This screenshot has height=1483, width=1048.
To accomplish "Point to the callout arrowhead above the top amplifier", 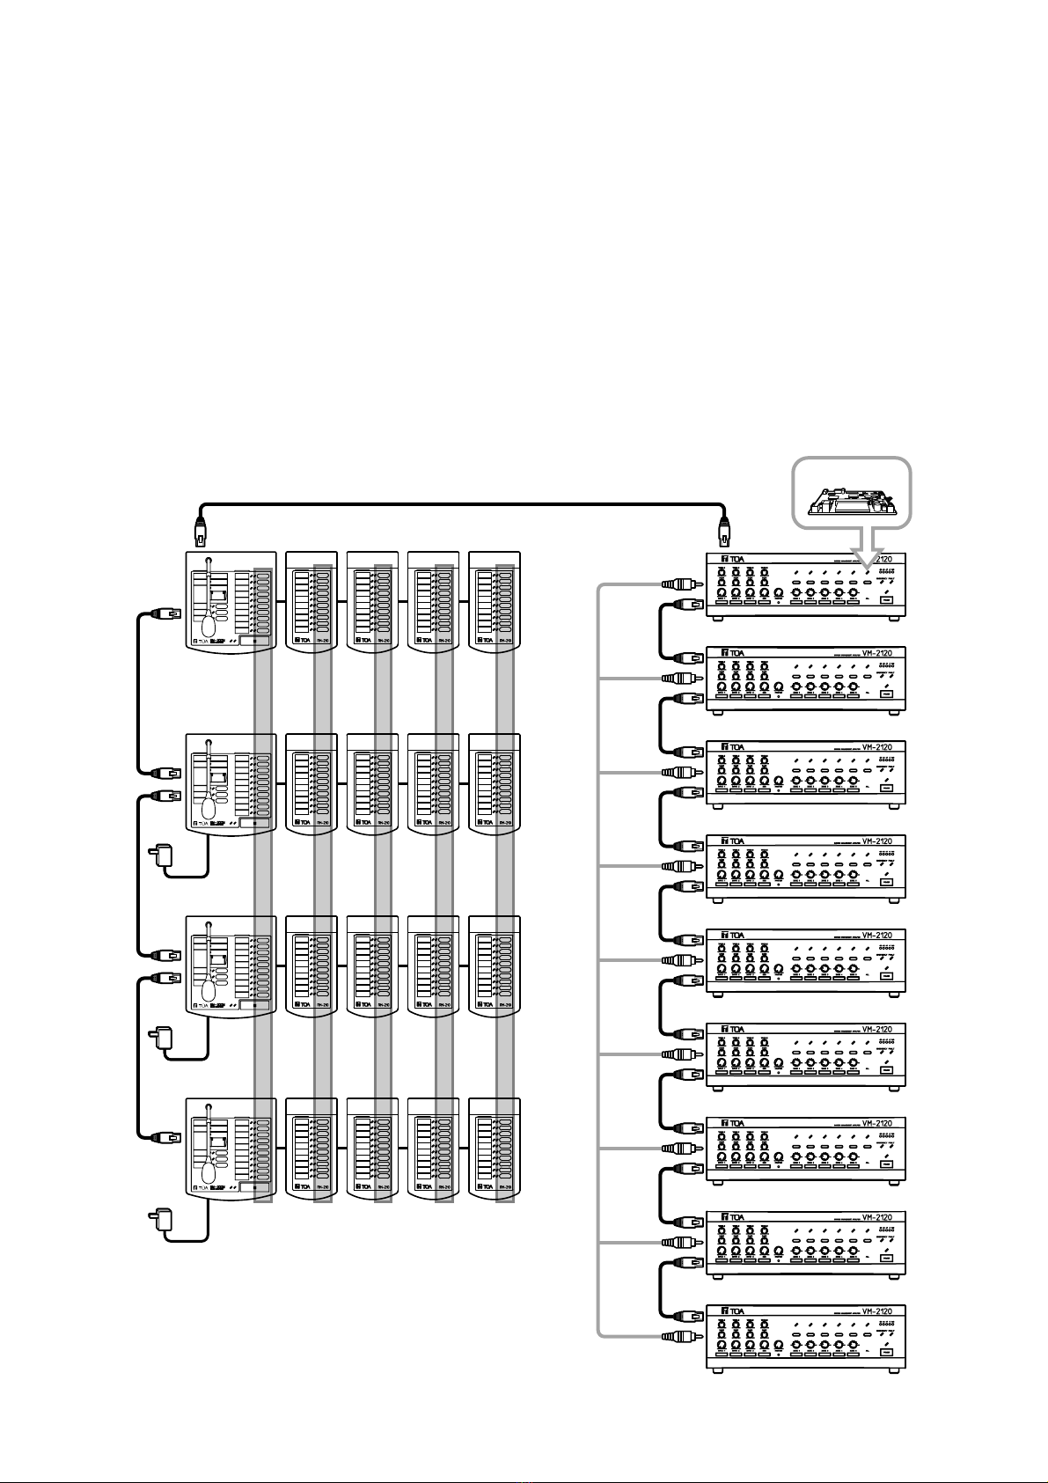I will pyautogui.click(x=866, y=554).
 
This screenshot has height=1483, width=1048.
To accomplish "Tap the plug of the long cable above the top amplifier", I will pyautogui.click(x=725, y=533).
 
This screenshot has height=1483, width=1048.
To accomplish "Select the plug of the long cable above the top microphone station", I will pyautogui.click(x=201, y=533).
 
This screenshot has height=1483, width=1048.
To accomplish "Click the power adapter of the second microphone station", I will pyautogui.click(x=163, y=854).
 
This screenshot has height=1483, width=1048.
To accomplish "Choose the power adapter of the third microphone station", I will pyautogui.click(x=163, y=1037).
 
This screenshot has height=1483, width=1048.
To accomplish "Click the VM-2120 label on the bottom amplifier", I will pyautogui.click(x=876, y=1311).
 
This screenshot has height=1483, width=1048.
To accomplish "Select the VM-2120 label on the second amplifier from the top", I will pyautogui.click(x=876, y=654).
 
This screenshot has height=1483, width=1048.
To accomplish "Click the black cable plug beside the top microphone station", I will pyautogui.click(x=167, y=613).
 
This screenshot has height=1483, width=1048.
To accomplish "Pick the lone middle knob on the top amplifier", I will pyautogui.click(x=780, y=595).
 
